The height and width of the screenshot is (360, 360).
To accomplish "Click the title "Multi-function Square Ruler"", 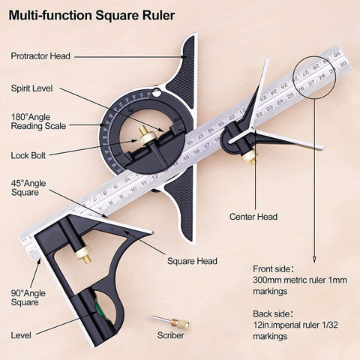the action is (91, 16).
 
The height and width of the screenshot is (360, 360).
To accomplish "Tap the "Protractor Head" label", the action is (40, 56).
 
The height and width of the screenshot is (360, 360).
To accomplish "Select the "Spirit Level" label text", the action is (31, 88).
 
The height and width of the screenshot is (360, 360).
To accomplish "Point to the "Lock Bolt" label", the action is (28, 155).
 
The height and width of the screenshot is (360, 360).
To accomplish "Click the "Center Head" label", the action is (253, 217).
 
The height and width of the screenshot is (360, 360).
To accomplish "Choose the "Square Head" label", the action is (192, 261).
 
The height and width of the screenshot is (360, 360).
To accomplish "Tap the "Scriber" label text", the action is (171, 335).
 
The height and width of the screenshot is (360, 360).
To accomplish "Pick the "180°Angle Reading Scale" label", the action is (38, 121).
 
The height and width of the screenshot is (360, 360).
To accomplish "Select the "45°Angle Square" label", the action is (28, 188).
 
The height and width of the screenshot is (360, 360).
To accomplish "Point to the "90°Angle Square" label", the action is (28, 298).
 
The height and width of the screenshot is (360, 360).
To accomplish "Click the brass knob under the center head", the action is (249, 157).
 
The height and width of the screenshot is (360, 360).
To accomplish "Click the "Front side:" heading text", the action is (273, 269).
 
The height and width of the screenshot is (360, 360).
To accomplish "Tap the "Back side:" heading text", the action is (273, 313).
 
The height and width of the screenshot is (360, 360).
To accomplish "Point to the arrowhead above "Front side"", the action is (314, 259).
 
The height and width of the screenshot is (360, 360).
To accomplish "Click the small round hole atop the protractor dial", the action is (157, 94).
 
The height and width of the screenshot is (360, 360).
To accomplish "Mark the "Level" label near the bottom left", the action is (21, 335).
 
